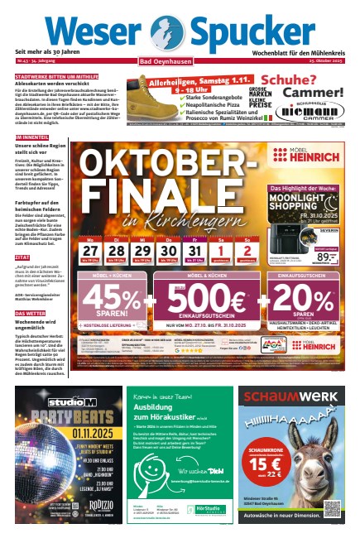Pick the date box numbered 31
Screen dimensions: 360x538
coord(194,228)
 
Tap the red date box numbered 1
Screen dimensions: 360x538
coord(222,228)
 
